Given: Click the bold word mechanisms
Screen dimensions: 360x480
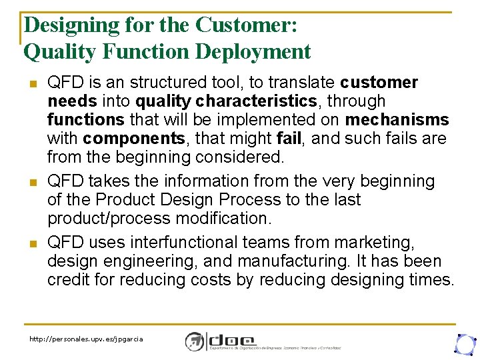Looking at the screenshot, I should tap(397, 120).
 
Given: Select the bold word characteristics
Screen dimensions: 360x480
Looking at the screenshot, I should tap(260, 101).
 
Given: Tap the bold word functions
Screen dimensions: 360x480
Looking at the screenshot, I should tap(85, 120).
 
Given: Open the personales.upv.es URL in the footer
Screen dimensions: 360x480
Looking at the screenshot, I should tap(86, 339).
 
